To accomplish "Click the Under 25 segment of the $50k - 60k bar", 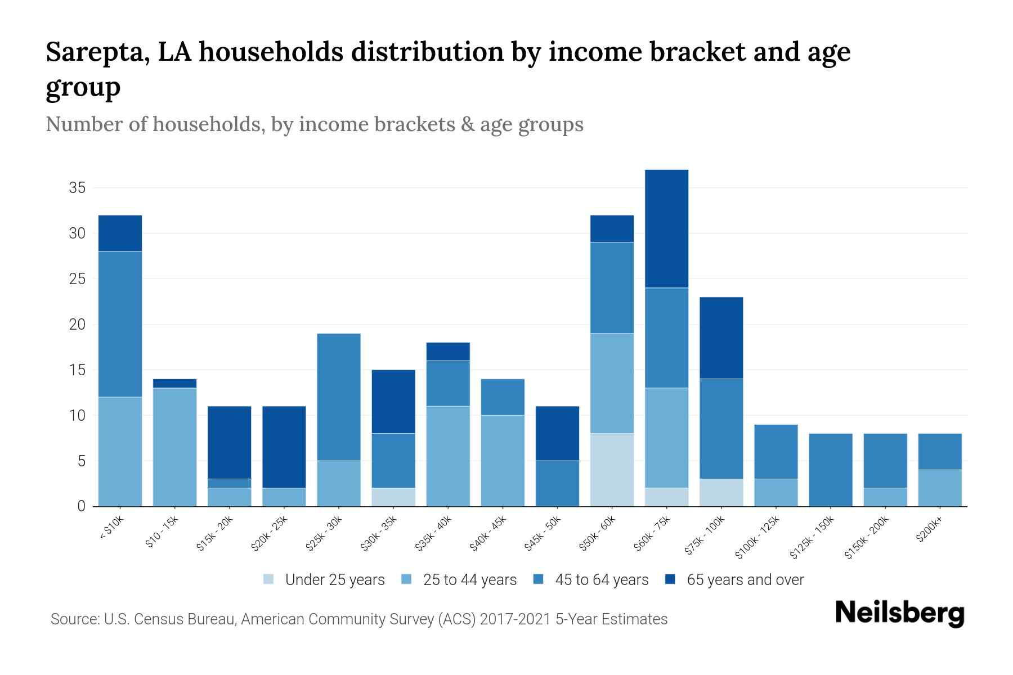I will coord(612,470).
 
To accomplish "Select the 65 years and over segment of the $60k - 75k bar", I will coord(666,229).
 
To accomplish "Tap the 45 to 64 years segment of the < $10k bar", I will coord(120,324).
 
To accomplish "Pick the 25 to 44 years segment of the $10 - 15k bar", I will coord(174,447).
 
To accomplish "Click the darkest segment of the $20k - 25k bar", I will coord(284,447).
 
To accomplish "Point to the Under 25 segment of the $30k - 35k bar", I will coord(393,497).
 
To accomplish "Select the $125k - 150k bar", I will coord(831,470).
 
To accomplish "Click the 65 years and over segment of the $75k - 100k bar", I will coord(721,337).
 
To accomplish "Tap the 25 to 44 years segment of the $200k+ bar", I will coord(940,488).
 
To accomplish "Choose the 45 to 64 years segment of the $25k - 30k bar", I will coord(339,397).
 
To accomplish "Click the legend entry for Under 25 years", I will coord(324,580).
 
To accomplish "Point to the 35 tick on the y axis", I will coord(77,188).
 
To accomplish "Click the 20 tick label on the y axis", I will coord(77,325).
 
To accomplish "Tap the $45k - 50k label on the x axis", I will coord(543,533).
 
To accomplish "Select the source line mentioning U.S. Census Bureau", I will coord(359,619).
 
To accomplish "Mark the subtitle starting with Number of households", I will coord(315,124).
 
